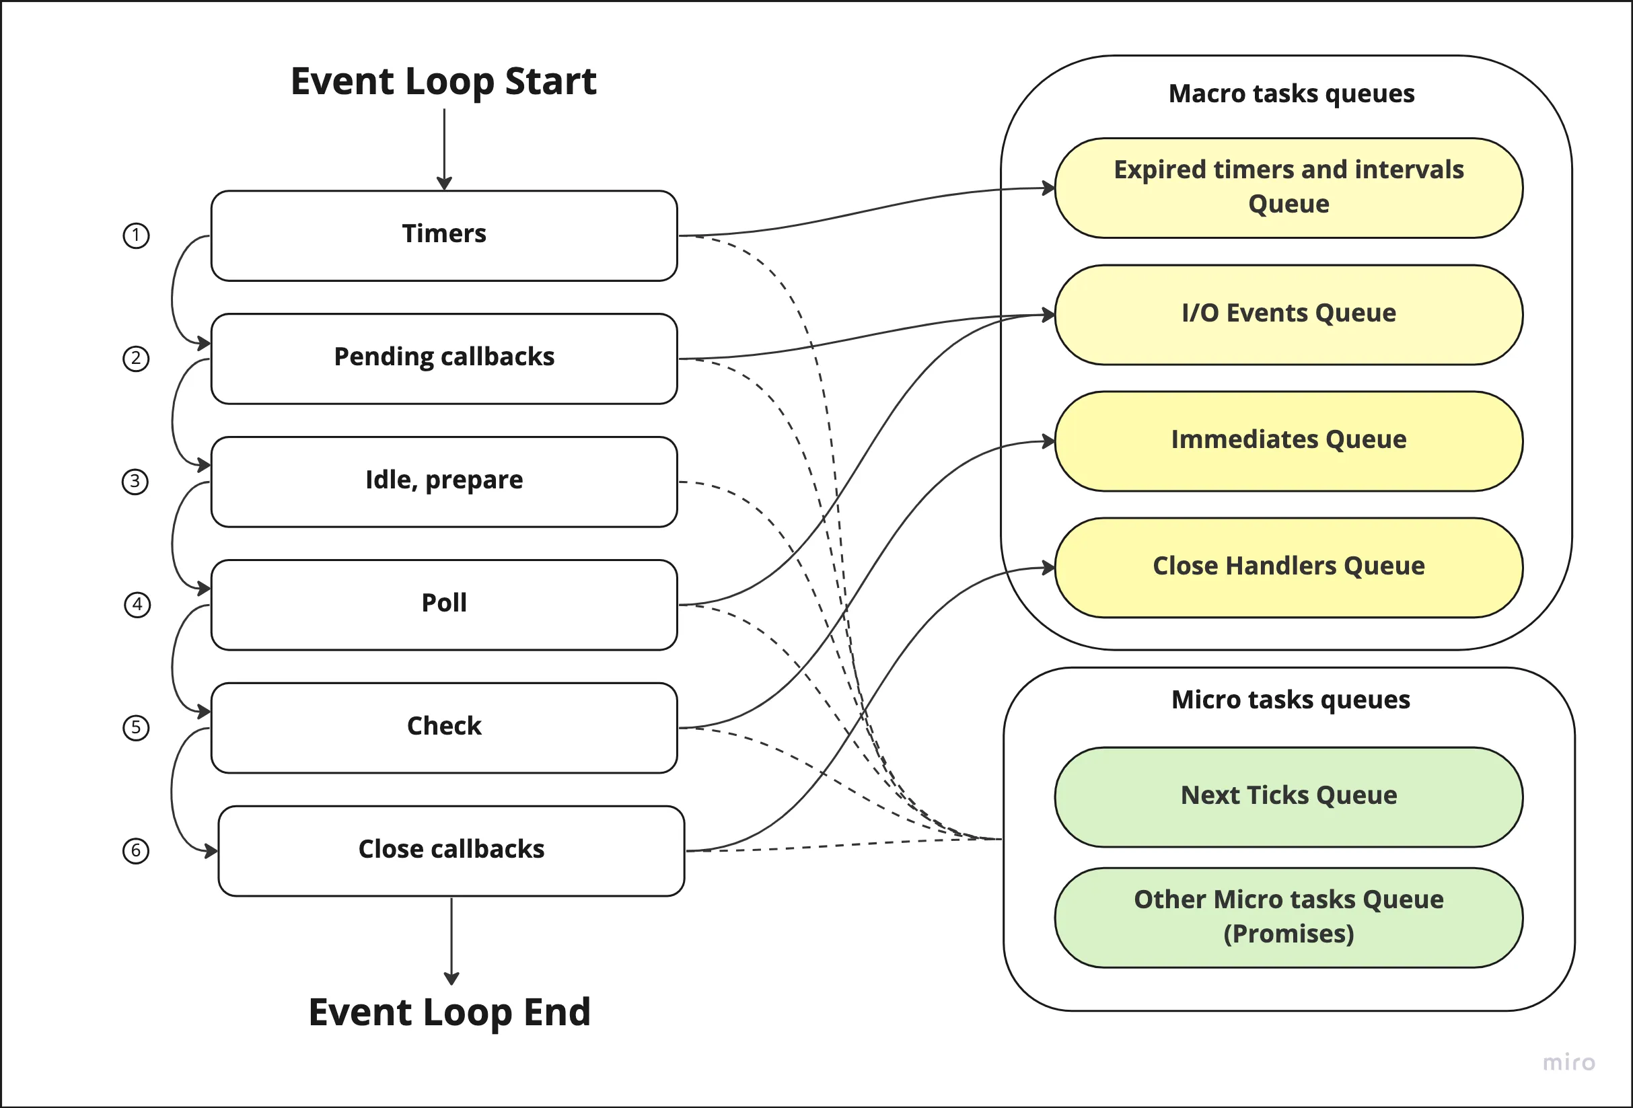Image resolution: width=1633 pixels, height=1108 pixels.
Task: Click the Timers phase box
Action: tap(444, 235)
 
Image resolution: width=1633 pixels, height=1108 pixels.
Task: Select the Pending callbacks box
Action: tap(444, 359)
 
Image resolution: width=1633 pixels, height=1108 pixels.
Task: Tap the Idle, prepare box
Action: tap(444, 481)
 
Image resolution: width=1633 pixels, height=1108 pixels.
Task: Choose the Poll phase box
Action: tap(444, 604)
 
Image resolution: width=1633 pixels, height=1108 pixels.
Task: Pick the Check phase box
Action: tap(444, 727)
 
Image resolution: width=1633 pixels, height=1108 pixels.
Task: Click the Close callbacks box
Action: tap(451, 850)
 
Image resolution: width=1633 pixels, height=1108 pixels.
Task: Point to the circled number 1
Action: tap(136, 235)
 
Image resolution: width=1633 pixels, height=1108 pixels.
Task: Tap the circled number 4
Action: tap(137, 604)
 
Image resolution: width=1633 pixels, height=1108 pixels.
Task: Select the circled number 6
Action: tap(136, 851)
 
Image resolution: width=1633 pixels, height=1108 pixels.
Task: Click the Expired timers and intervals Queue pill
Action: tap(1289, 188)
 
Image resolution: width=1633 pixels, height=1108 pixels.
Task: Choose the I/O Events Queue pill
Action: tap(1289, 315)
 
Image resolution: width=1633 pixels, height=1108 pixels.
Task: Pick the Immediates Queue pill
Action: tap(1289, 441)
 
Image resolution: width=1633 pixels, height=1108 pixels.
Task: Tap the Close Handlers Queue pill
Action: tap(1289, 568)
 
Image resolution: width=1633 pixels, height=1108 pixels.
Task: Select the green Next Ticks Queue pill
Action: tap(1289, 797)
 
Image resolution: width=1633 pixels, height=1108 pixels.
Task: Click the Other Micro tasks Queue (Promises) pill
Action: tap(1289, 918)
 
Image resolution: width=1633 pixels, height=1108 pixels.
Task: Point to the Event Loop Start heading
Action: tap(443, 81)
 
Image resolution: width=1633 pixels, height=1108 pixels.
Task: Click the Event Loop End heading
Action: tap(449, 1012)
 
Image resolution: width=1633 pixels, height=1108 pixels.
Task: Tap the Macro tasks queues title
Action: tap(1291, 94)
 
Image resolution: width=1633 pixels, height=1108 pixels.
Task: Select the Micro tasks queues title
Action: tap(1291, 700)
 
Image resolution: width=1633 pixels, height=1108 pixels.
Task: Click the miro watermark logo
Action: tap(1568, 1062)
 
